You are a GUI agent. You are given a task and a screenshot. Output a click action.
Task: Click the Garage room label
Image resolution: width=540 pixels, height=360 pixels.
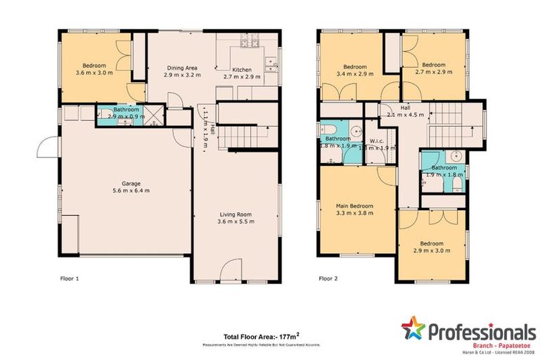coord(126,184)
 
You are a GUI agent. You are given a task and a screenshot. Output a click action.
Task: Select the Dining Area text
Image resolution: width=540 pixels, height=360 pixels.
coord(180,68)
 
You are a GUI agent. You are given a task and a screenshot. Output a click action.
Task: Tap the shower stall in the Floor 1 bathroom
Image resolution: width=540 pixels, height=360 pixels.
coord(155,115)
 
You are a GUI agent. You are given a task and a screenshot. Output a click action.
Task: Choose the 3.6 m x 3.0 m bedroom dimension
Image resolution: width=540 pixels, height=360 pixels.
coord(94,72)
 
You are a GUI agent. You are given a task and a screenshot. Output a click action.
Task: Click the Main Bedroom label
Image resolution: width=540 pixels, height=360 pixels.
coord(354,206)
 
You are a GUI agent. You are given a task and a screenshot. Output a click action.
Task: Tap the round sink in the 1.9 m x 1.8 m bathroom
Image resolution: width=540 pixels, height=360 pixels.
coord(456,156)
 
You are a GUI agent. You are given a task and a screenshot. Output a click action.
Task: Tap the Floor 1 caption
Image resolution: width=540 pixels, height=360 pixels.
coord(69,279)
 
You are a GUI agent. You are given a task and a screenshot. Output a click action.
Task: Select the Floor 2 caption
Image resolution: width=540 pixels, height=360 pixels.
coord(328,279)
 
